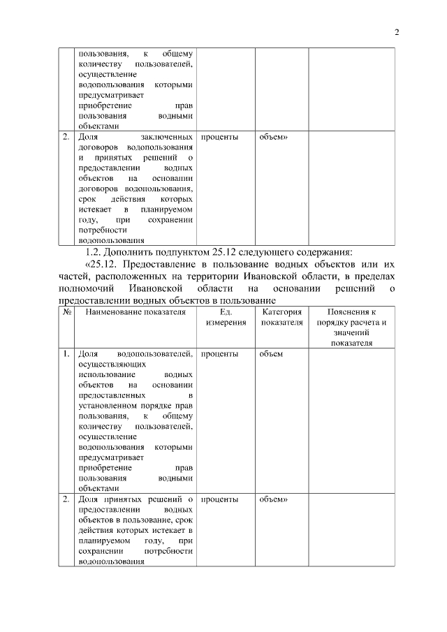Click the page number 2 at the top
pos(396,31)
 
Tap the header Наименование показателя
pos(135,312)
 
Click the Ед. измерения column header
pos(225,318)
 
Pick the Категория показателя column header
pos(281,318)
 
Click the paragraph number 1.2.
pos(94,252)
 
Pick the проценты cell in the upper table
pos(219,137)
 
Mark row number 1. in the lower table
pos(67,354)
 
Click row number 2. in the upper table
pos(67,137)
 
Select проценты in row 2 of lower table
pos(219,499)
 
